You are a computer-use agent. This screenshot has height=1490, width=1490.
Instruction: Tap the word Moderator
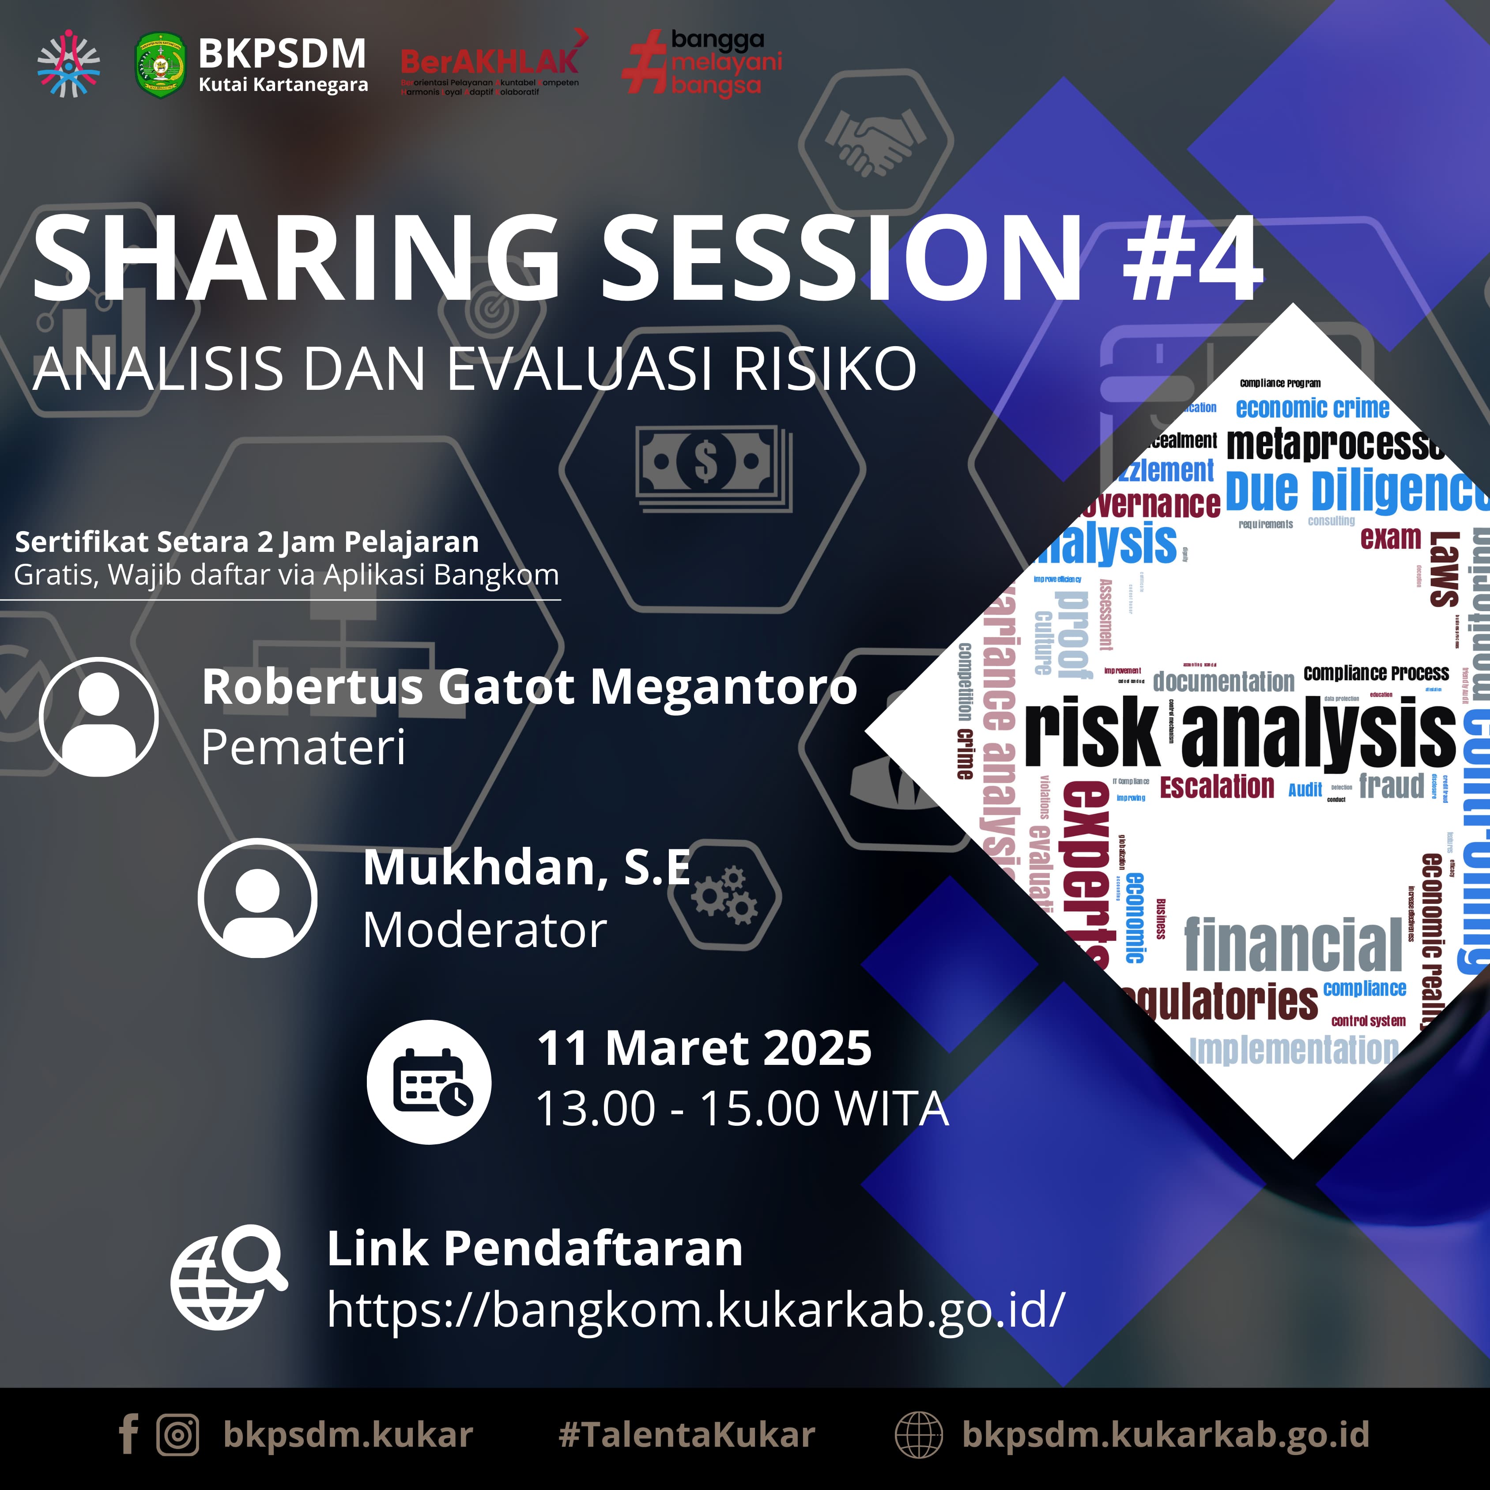(x=484, y=930)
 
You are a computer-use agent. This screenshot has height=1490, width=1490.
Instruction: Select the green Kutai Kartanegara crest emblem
(x=160, y=65)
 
